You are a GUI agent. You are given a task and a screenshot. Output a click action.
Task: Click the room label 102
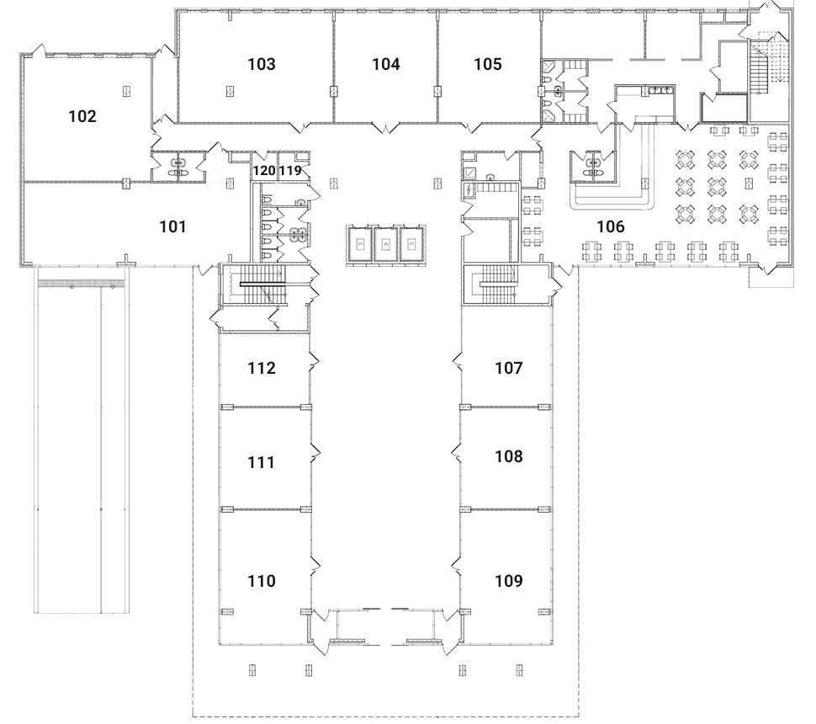coord(82,117)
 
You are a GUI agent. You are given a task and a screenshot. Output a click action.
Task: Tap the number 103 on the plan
coord(262,64)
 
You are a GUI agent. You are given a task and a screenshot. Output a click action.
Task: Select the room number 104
coord(385,64)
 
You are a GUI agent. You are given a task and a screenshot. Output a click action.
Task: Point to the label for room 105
coord(487,64)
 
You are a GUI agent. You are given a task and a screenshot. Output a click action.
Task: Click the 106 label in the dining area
coord(611,226)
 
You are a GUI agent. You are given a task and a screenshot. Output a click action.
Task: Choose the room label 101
coord(172,226)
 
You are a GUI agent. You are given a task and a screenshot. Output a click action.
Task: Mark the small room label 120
coord(264,171)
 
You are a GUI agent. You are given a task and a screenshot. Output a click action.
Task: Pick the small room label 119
coord(290,171)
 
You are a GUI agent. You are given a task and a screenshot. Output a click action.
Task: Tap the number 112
coord(262,368)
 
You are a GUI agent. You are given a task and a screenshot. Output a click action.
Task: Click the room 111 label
coord(262,462)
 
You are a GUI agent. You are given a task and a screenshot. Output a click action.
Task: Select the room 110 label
coord(262,581)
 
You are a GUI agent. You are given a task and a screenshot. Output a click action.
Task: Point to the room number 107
coord(509,368)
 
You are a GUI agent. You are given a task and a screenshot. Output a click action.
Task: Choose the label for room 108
coord(509,457)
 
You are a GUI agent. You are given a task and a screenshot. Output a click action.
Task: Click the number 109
coord(509,581)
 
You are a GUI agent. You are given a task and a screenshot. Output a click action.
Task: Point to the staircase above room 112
coord(261,286)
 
